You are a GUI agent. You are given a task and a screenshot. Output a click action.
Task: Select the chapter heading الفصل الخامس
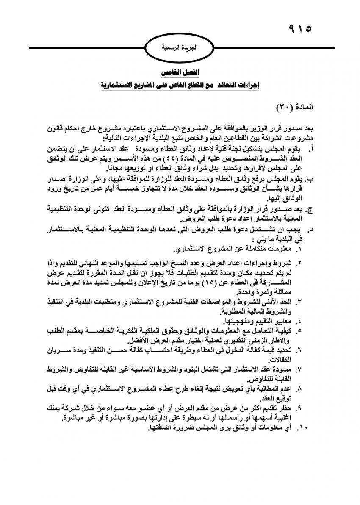coord(180,72)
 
